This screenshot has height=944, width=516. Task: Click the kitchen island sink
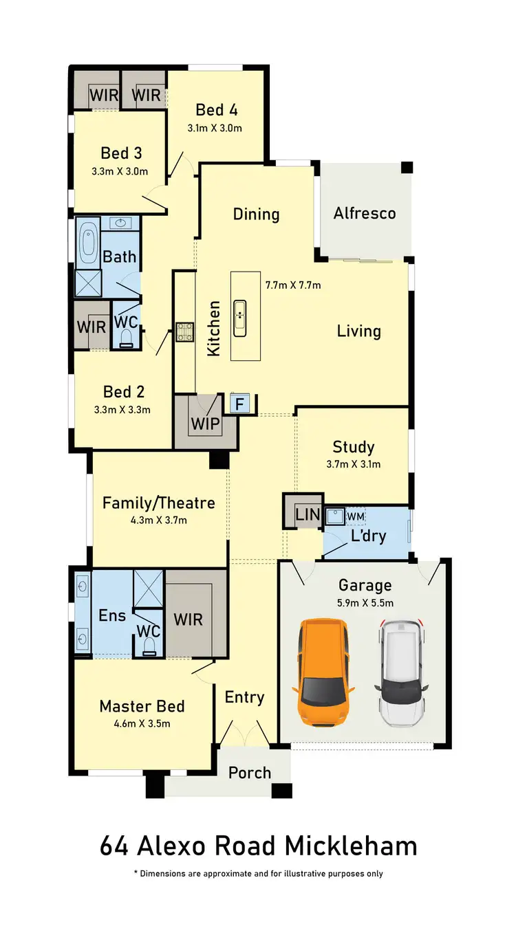240,318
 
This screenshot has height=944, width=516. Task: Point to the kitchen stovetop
184,332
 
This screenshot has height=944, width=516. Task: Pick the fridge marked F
239,404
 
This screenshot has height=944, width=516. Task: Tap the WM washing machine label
356,516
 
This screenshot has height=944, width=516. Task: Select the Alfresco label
365,213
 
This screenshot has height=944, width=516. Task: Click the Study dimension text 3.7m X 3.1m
354,464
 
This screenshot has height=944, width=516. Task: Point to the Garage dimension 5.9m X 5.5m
365,603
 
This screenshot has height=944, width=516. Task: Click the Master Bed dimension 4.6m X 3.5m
142,723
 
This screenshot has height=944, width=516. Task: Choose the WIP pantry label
206,424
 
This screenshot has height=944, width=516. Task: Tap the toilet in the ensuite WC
149,644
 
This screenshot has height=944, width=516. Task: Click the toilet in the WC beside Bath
125,337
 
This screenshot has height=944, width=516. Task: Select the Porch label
250,773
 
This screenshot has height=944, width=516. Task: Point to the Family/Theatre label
158,503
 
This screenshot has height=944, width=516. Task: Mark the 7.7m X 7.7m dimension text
294,284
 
